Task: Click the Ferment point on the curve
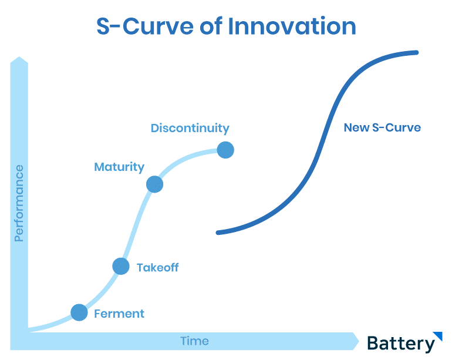79,312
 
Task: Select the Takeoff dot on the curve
121,266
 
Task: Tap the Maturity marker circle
155,184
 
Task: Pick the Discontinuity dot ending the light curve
225,150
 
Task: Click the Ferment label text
119,314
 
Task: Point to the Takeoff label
158,268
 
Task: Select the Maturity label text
119,167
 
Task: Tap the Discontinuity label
190,129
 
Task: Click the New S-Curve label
382,127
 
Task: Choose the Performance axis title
19,203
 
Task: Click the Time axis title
194,341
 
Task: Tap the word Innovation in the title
292,26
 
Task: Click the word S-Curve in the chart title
145,26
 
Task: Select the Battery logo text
401,344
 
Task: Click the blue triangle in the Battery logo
438,335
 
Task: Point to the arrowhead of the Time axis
356,341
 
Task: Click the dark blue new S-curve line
324,139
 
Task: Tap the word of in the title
211,26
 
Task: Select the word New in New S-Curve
356,127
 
